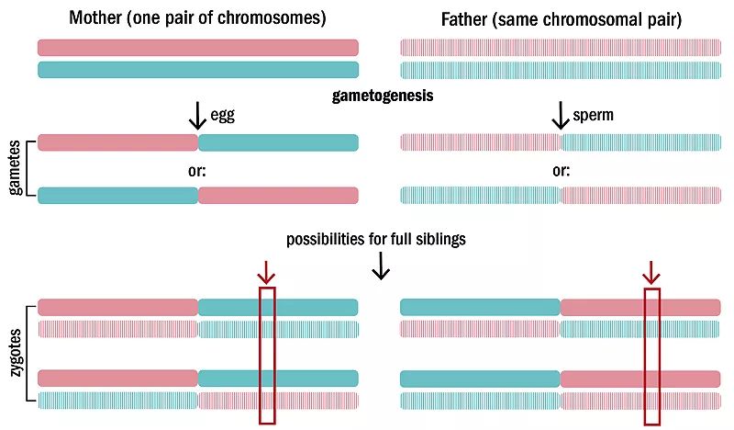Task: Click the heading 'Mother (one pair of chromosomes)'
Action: [x=197, y=17]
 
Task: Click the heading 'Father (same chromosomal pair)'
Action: [x=561, y=18]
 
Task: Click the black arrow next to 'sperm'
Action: [x=559, y=115]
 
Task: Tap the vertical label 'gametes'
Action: [x=15, y=169]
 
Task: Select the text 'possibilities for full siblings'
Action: [x=375, y=240]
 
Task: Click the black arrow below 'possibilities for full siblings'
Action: [x=381, y=265]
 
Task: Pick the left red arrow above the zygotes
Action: [x=266, y=272]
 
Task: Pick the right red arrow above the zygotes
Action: [x=651, y=272]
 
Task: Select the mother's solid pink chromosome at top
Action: [x=197, y=47]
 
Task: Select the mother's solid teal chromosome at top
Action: [x=197, y=70]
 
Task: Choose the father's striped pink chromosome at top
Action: [x=560, y=47]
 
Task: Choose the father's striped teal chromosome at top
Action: [x=560, y=70]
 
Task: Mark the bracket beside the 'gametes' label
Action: [x=30, y=169]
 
